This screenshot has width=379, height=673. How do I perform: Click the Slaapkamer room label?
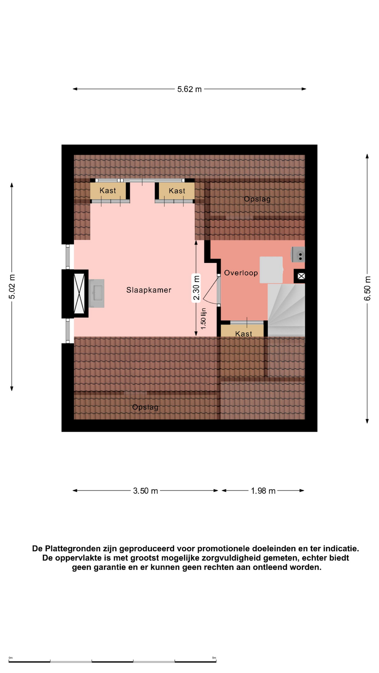(x=149, y=290)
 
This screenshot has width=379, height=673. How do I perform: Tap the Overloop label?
(x=241, y=273)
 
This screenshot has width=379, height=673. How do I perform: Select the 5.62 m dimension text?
(x=189, y=89)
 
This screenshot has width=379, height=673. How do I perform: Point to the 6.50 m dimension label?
(x=367, y=288)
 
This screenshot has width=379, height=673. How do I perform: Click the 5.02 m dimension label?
(x=12, y=287)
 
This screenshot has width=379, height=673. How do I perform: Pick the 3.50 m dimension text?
(x=146, y=491)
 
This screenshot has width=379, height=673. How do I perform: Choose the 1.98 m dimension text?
(x=263, y=491)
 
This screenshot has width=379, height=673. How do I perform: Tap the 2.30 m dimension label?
(x=196, y=288)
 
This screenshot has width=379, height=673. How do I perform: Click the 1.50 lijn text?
(x=203, y=319)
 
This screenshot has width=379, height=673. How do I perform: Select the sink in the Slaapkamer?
(x=97, y=293)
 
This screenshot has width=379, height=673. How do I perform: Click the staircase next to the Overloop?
(x=286, y=310)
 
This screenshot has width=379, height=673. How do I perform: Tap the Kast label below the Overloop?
(x=244, y=334)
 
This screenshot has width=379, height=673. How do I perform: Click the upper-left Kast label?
(x=108, y=190)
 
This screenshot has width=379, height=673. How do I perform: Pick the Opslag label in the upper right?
(x=258, y=199)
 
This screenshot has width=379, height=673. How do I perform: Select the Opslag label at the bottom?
(x=145, y=407)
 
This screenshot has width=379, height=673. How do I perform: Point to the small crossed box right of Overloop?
(x=301, y=276)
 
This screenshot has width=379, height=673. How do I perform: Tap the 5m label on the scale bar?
(x=214, y=658)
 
